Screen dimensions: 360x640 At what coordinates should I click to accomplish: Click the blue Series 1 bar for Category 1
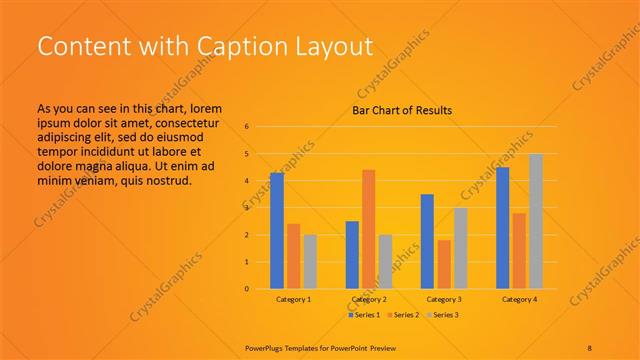tap(277, 231)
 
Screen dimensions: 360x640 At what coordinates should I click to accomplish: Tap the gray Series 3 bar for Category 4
tap(536, 221)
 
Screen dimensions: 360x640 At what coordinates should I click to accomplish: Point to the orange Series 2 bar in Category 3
tap(444, 264)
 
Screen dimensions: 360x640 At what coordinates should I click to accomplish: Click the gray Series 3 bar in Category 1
tap(310, 262)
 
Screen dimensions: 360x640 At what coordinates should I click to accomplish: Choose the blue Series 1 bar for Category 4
tap(503, 228)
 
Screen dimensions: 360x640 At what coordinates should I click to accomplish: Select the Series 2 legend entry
tap(403, 315)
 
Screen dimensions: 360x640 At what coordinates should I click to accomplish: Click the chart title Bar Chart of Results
tap(402, 110)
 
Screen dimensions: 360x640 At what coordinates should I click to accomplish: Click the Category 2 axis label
tap(369, 299)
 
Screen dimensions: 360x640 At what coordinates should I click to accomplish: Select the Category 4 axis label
tap(519, 299)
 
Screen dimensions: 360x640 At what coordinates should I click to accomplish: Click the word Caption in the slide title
tap(214, 46)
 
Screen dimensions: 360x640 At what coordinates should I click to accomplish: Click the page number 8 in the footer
tap(591, 346)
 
